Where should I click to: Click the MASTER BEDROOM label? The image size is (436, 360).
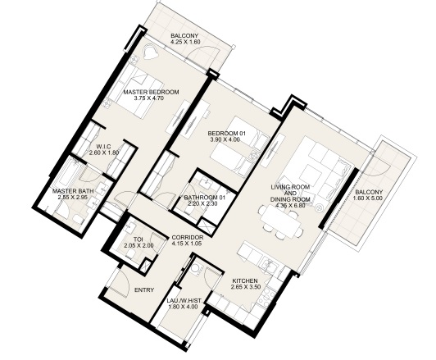tap(151, 92)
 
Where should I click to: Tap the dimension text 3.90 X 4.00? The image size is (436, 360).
tap(225, 139)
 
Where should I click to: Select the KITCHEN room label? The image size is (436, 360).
tap(245, 281)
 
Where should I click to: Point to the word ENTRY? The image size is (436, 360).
tap(144, 290)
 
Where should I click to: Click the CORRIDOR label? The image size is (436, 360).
tap(188, 238)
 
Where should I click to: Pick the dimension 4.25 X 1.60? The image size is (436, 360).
tap(184, 42)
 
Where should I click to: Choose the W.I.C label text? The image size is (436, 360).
tap(104, 147)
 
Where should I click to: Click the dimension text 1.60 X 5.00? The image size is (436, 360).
tap(368, 198)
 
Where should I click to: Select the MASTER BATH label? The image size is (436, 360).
tap(73, 191)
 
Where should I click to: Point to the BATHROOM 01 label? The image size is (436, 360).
tap(204, 198)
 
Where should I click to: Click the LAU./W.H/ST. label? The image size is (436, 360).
tap(184, 301)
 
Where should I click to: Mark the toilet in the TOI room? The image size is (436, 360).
tap(130, 254)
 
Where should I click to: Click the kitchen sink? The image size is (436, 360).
tap(270, 264)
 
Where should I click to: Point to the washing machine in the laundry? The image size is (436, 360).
tap(198, 267)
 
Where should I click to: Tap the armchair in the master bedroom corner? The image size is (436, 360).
tap(151, 52)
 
